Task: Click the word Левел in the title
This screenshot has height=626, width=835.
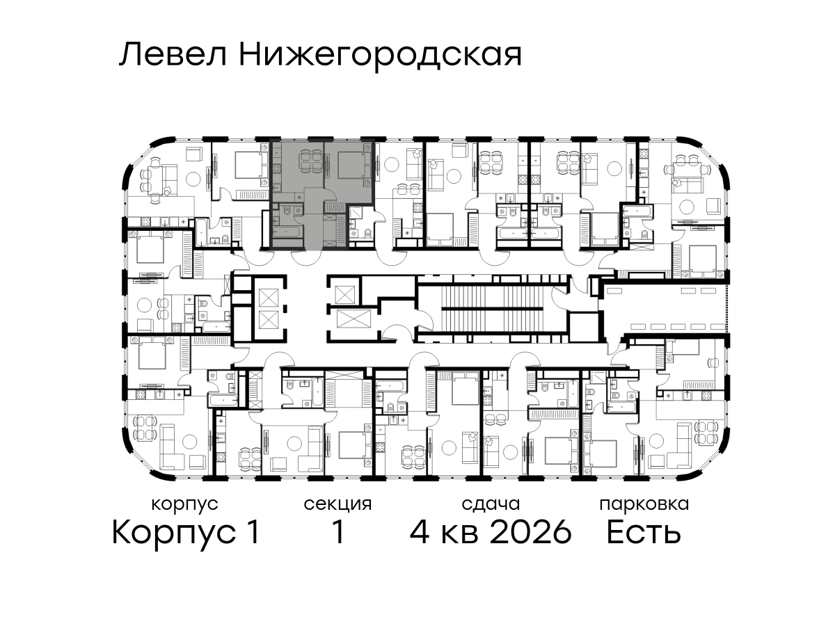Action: coord(173,55)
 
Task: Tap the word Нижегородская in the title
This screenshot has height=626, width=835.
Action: coord(381,57)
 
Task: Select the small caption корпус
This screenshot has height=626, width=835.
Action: coord(185,505)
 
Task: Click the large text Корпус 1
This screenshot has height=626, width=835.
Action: coord(186,533)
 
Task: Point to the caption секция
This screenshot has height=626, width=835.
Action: coord(337,505)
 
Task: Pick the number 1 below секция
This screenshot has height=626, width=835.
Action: coord(337,533)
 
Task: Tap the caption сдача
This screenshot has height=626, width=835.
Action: coord(491,504)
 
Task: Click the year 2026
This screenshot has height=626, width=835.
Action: coord(531,533)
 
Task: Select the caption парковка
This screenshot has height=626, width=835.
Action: coord(644,505)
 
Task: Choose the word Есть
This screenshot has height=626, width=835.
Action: coord(643,533)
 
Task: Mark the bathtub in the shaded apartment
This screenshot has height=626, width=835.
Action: coord(287,232)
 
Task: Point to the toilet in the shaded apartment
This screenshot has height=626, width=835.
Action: coord(288,210)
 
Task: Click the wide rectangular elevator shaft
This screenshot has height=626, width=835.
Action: coord(353,319)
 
